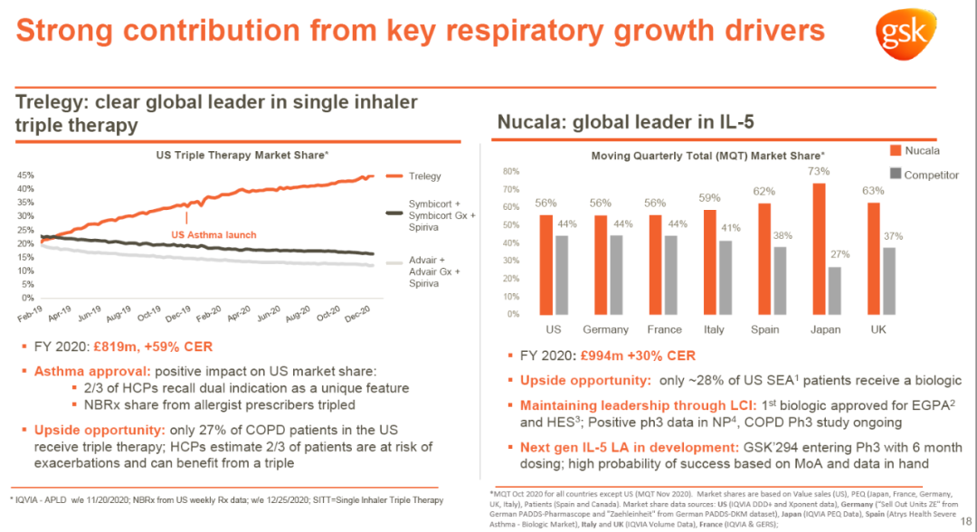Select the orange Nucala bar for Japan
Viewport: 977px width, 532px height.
click(820, 249)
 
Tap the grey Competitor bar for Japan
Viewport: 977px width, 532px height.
click(835, 290)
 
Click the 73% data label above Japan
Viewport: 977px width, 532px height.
click(820, 171)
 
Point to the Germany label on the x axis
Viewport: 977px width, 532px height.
click(605, 330)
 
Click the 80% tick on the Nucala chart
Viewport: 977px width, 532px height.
click(510, 171)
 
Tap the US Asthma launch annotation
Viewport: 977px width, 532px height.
click(213, 235)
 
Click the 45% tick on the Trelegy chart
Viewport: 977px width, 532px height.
click(26, 176)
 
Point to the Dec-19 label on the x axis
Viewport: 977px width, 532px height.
click(176, 317)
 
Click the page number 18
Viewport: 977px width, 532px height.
click(965, 519)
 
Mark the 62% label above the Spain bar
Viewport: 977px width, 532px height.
click(764, 191)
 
